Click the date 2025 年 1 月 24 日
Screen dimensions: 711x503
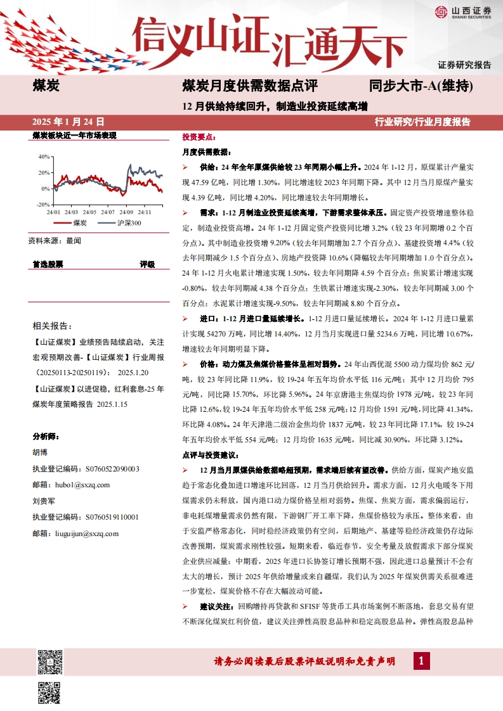(68, 121)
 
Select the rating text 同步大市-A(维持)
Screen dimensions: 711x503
(421, 85)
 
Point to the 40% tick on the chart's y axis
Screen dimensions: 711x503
(44, 156)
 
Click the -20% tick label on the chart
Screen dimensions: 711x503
(42, 205)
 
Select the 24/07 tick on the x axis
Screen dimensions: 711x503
(107, 212)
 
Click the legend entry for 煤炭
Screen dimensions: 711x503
(72, 223)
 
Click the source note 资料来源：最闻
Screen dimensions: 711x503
(55, 241)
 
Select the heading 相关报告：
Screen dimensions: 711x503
(51, 326)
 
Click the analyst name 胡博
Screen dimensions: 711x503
(39, 452)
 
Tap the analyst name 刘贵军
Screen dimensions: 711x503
(43, 501)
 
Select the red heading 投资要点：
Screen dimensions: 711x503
(199, 137)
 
